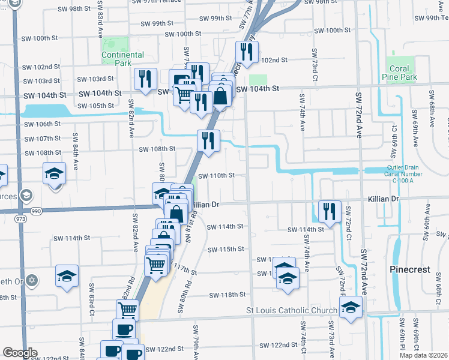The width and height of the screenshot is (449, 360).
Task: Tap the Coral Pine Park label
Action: click(x=399, y=73)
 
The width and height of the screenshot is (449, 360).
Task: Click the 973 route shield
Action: click(x=22, y=220)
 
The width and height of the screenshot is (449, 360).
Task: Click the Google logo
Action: click(x=20, y=353)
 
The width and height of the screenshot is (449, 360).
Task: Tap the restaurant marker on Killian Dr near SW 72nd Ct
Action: click(x=329, y=211)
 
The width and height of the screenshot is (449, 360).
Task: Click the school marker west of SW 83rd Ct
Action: click(x=67, y=275)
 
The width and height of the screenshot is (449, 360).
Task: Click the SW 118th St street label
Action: click(x=228, y=295)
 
